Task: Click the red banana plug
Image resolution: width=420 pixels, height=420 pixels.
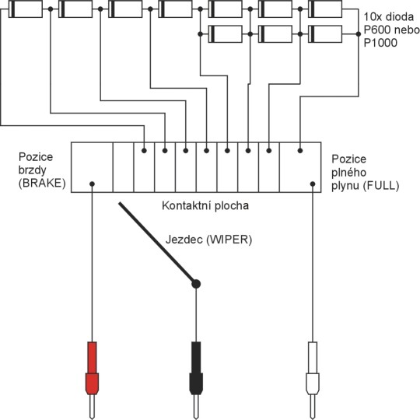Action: (x=92, y=380)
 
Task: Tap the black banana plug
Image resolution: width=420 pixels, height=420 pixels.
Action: (x=196, y=380)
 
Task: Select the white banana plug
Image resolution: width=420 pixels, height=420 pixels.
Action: (x=313, y=380)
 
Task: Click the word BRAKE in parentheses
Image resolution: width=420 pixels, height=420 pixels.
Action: (x=42, y=184)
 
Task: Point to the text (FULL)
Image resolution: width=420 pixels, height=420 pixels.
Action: (x=381, y=186)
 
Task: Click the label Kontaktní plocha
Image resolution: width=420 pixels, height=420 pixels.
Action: (x=205, y=205)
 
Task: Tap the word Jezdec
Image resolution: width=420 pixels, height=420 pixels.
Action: (x=184, y=240)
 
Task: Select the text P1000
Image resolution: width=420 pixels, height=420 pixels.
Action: (x=380, y=43)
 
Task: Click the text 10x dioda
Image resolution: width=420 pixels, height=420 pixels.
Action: (x=388, y=17)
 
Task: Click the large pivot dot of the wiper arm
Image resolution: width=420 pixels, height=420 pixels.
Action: (x=196, y=284)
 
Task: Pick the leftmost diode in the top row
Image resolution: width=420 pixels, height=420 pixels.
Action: (x=26, y=9)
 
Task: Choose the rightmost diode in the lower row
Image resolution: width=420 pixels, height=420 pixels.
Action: (x=325, y=34)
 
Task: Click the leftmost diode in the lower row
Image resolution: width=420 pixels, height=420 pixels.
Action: (x=225, y=34)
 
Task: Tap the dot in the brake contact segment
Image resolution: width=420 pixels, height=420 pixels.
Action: (x=92, y=184)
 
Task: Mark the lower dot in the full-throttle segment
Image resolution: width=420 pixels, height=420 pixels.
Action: (x=313, y=184)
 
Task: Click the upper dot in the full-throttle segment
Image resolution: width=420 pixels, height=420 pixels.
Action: (x=300, y=151)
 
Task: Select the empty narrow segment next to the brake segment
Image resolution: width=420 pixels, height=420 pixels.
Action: (x=123, y=167)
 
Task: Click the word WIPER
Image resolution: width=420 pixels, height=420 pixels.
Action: (x=229, y=240)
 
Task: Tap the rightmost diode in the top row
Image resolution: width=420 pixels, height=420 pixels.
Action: (x=325, y=9)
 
